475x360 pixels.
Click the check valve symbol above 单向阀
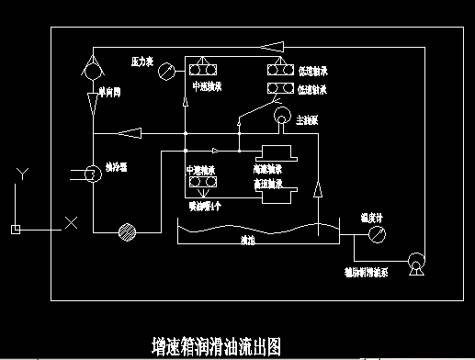tap(93, 67)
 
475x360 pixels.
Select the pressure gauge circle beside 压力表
tap(165, 70)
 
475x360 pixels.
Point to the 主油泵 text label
tap(308, 120)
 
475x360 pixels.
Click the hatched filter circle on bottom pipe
tap(128, 233)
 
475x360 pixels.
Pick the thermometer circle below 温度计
tap(375, 235)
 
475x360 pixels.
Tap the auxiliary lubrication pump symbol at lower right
tap(415, 266)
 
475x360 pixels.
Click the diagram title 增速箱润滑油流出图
tap(215, 345)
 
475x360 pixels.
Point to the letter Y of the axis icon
tap(25, 174)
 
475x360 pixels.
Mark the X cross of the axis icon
tap(71, 222)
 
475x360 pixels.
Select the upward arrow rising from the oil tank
tap(318, 192)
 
